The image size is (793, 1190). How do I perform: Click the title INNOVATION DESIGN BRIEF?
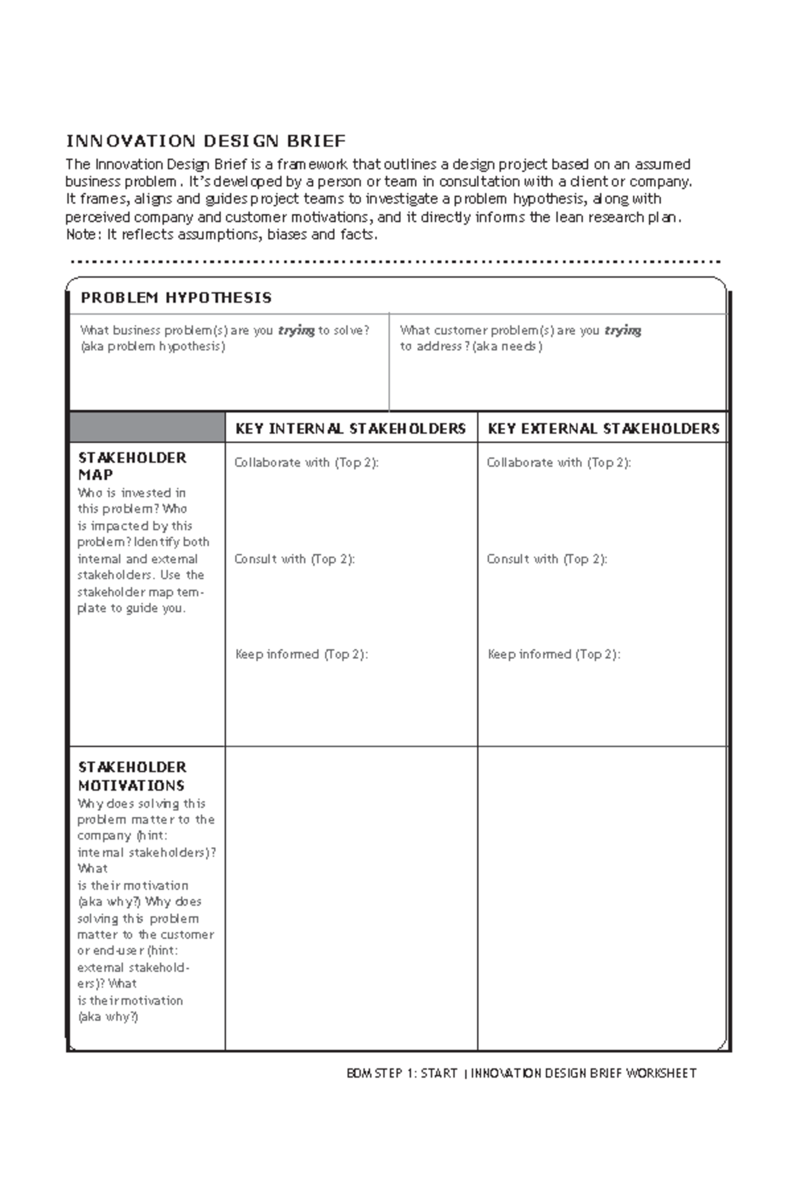coord(206,141)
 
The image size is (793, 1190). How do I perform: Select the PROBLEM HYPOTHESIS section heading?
coord(176,297)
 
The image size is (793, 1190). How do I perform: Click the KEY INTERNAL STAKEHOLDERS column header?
coord(350,428)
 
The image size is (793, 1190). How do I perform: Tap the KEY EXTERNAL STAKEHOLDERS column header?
coord(603,428)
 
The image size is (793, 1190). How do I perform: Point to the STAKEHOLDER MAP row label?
coord(132,466)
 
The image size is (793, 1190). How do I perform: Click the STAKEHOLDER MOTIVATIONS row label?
coord(132,776)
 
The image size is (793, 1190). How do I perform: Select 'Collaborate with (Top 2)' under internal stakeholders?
coord(306,463)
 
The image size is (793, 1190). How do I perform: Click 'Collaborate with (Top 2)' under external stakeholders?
coord(558,463)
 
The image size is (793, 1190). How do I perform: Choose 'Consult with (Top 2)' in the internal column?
coord(294,559)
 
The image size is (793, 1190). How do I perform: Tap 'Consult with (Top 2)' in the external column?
coord(547,559)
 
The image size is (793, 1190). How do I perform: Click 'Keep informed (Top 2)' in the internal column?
coord(301,654)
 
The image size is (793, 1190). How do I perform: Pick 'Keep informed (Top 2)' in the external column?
coord(554,654)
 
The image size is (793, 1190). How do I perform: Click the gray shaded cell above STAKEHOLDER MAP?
coord(147,427)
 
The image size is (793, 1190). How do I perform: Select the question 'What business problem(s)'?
coord(225,331)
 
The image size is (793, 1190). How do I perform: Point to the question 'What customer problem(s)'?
coord(520,331)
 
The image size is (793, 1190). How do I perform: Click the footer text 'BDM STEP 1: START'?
coord(402,1074)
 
